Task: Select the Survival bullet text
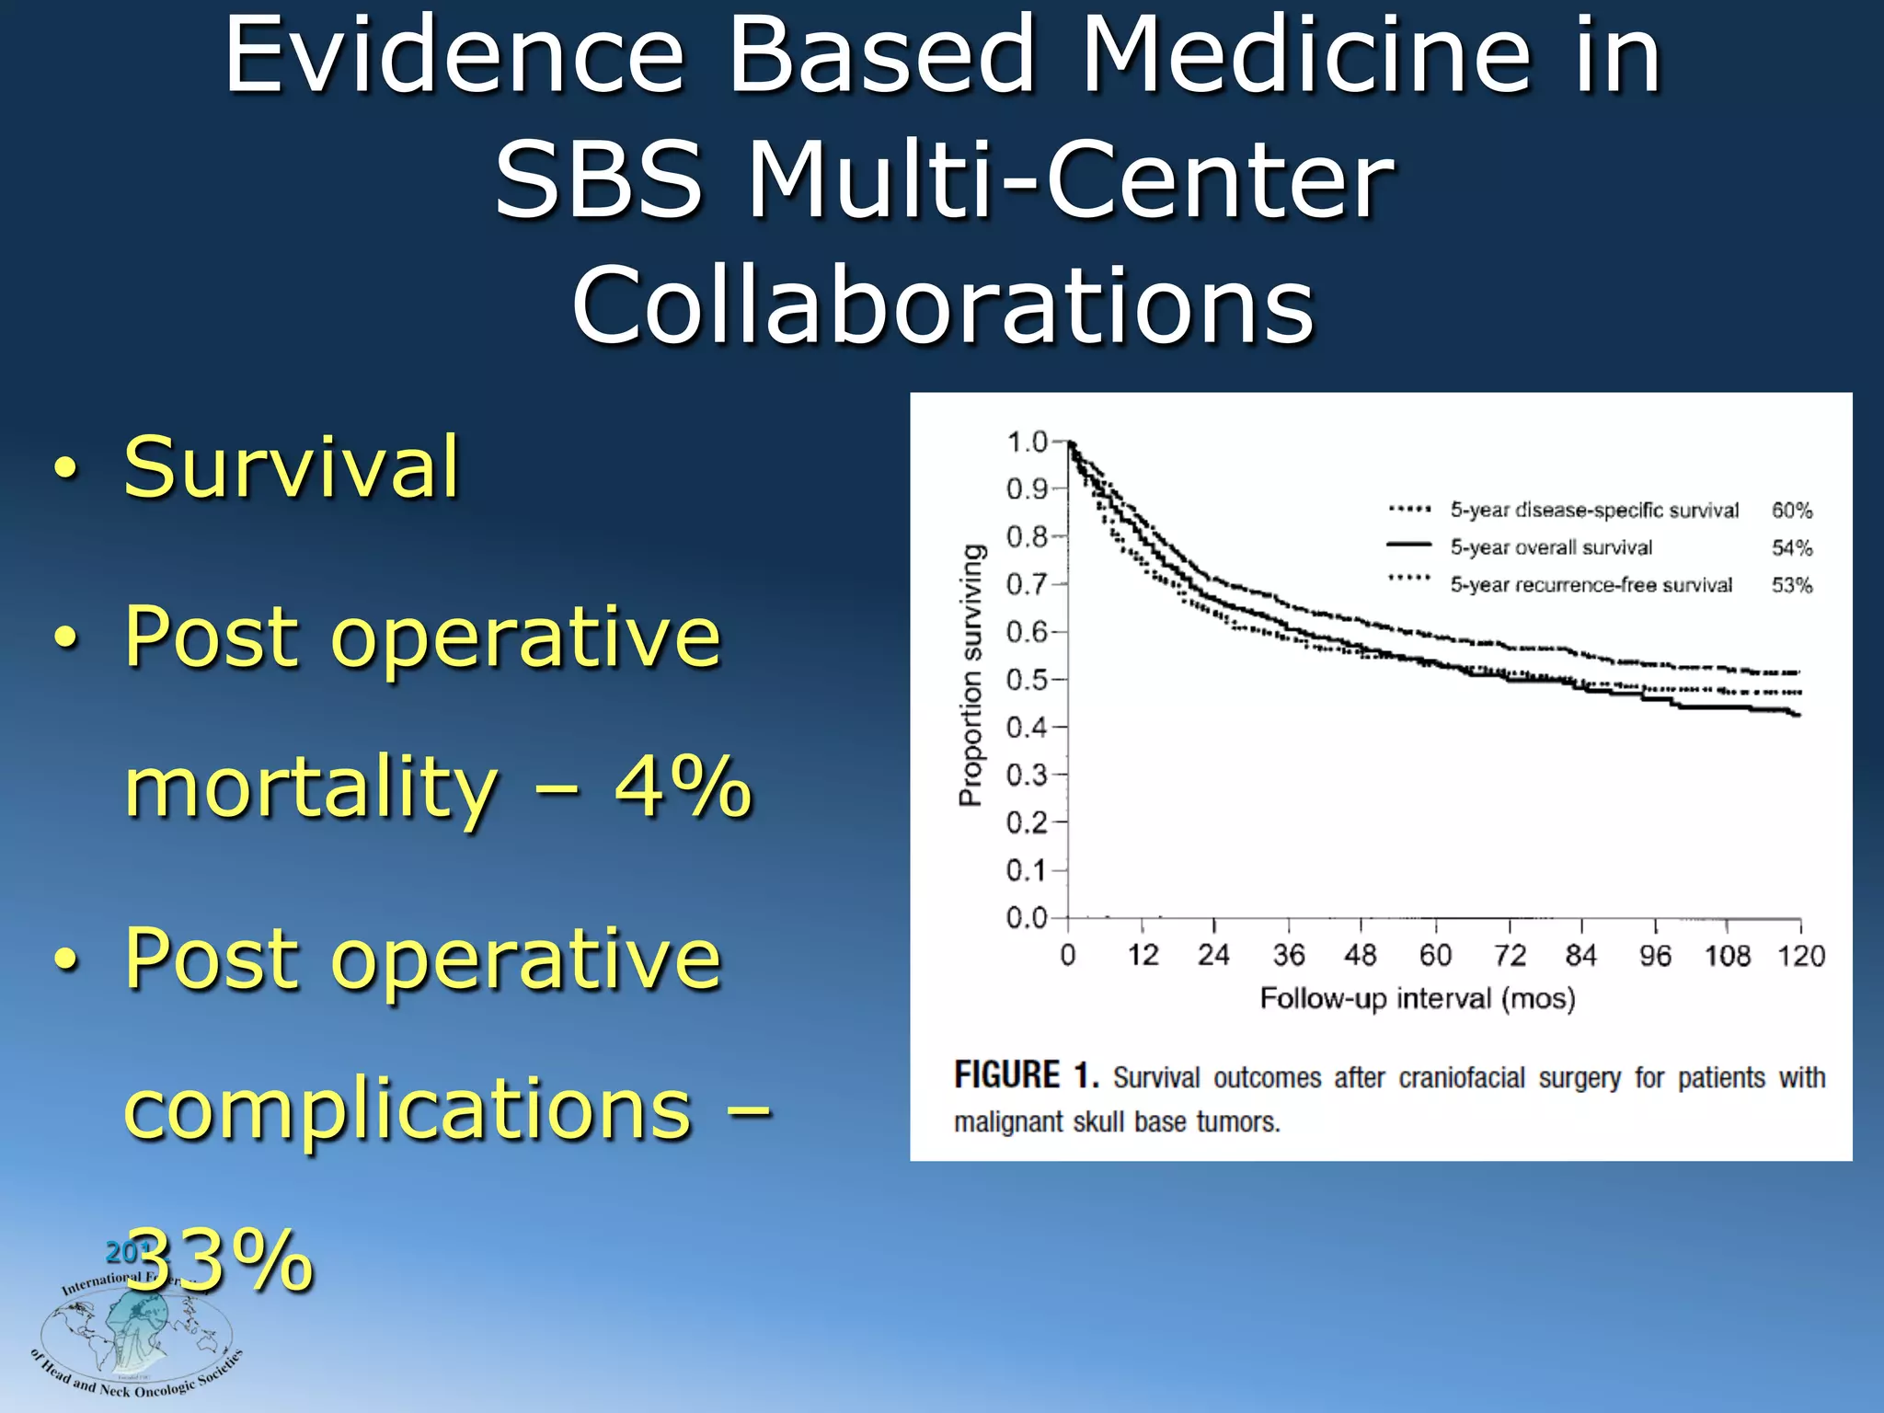pos(291,466)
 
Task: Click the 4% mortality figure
pos(683,787)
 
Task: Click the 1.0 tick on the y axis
pos(1028,442)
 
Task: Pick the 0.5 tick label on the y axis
pos(1028,680)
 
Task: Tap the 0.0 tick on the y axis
pos(1028,918)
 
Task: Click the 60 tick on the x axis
pos(1435,956)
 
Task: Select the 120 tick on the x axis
pos(1800,956)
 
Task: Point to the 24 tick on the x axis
pos(1213,956)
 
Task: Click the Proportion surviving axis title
pos(971,674)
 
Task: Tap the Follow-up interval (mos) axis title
pos(1418,998)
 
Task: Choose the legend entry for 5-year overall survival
pos(1551,547)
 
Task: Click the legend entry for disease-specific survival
pos(1594,510)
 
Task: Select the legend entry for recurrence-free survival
pos(1591,585)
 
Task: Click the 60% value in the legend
pos(1792,510)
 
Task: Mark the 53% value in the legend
pos(1792,585)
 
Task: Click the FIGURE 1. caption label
pos(1026,1075)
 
